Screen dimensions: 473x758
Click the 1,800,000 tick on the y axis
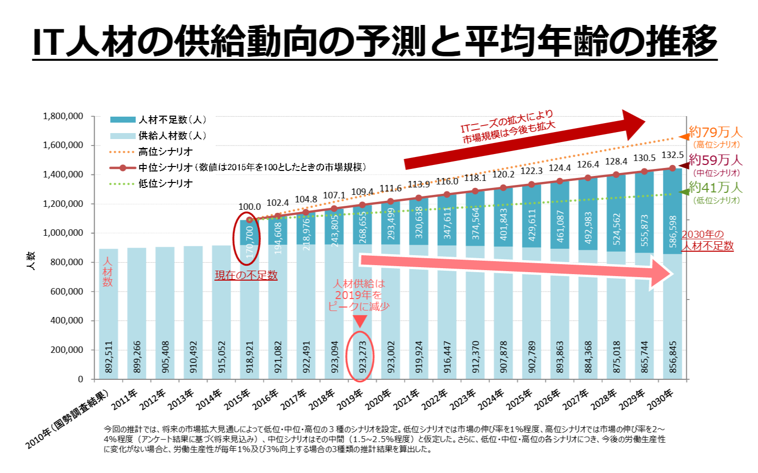click(x=63, y=116)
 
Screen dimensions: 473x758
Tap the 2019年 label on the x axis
click(x=350, y=399)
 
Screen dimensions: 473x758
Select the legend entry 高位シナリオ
click(x=165, y=152)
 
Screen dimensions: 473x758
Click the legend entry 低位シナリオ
click(x=165, y=183)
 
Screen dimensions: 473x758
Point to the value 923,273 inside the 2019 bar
click(x=363, y=356)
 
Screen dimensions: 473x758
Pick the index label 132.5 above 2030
click(x=672, y=156)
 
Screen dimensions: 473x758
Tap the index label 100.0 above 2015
click(x=250, y=206)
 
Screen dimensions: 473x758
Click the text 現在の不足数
click(x=246, y=275)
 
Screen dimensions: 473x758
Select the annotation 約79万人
click(x=716, y=133)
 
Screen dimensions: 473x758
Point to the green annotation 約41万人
click(x=716, y=188)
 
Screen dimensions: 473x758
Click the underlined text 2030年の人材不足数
click(x=707, y=240)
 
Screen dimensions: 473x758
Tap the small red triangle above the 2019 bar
click(x=360, y=321)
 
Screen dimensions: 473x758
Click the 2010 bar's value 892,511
click(x=109, y=356)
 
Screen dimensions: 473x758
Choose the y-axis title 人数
click(x=31, y=261)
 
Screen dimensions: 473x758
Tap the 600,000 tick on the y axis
click(x=67, y=292)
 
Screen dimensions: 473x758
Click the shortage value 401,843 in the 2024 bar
click(x=504, y=224)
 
